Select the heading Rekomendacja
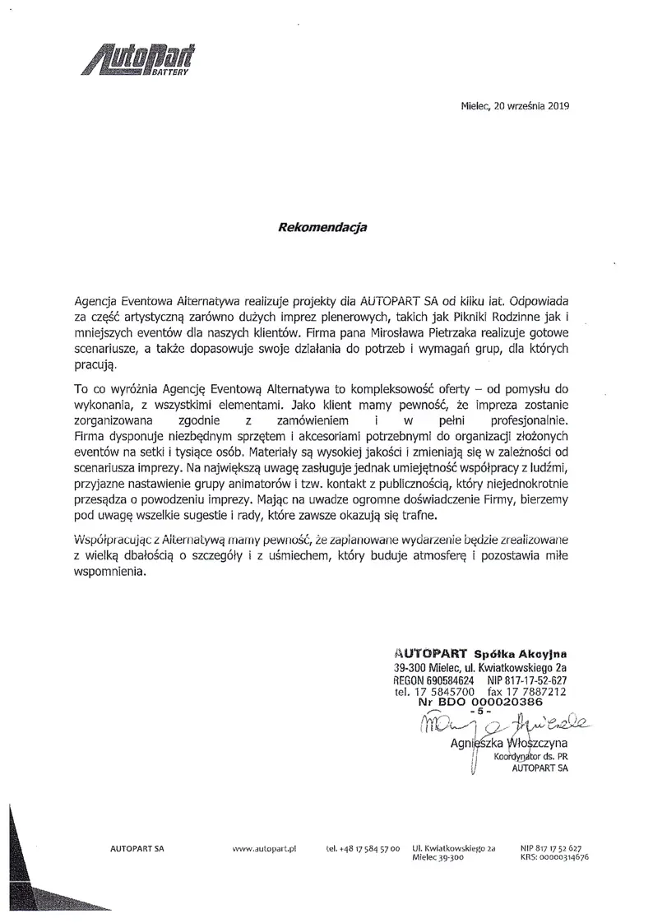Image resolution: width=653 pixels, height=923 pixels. tap(322, 227)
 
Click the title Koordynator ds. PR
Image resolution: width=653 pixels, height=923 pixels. tap(530, 761)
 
